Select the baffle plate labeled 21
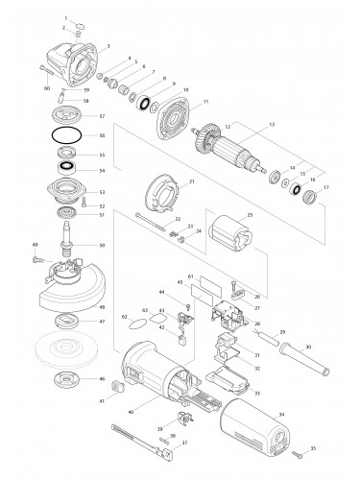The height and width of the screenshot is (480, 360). (x=159, y=193)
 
